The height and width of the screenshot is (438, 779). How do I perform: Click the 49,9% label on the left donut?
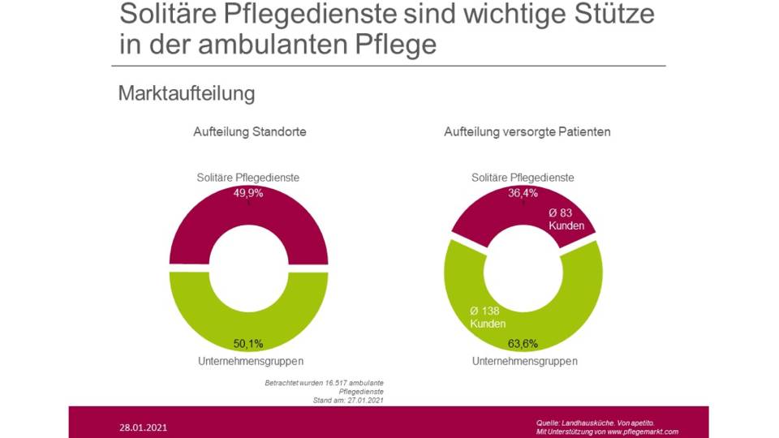pyautogui.click(x=248, y=193)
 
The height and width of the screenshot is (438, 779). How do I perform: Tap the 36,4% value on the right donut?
pyautogui.click(x=523, y=193)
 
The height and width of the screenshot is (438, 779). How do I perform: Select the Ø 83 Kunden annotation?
pyautogui.click(x=566, y=219)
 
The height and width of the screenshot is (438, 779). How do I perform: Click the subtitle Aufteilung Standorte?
pyautogui.click(x=250, y=131)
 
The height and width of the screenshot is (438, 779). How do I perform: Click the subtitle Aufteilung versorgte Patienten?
pyautogui.click(x=527, y=131)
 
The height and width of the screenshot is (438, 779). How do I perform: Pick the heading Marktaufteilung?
pyautogui.click(x=187, y=93)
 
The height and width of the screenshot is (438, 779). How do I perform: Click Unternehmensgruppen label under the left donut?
pyautogui.click(x=250, y=361)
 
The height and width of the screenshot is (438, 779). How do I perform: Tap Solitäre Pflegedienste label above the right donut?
pyautogui.click(x=523, y=178)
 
